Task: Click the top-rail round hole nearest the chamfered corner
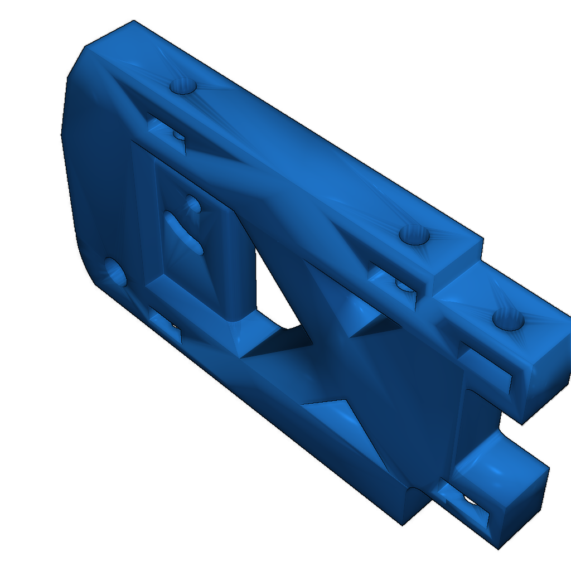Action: pos(183,86)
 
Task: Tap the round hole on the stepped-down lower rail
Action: pos(508,321)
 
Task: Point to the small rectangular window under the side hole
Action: pos(166,326)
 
